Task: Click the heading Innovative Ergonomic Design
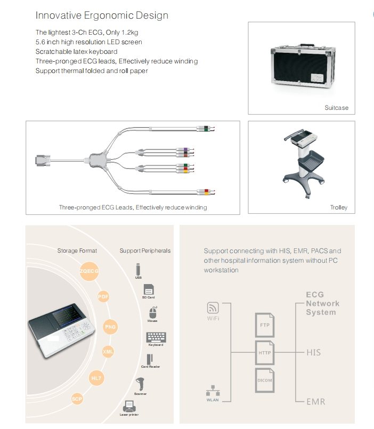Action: tap(102, 15)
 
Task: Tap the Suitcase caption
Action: tap(336, 108)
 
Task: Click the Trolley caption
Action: tap(338, 207)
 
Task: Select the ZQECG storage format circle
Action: tap(89, 271)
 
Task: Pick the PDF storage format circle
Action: tap(103, 297)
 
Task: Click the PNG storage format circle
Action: tap(110, 327)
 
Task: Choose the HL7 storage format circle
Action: tap(96, 378)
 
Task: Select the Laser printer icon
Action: tap(129, 406)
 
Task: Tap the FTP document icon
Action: tap(264, 324)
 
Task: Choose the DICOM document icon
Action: tap(264, 380)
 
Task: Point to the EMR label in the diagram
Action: tap(315, 401)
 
